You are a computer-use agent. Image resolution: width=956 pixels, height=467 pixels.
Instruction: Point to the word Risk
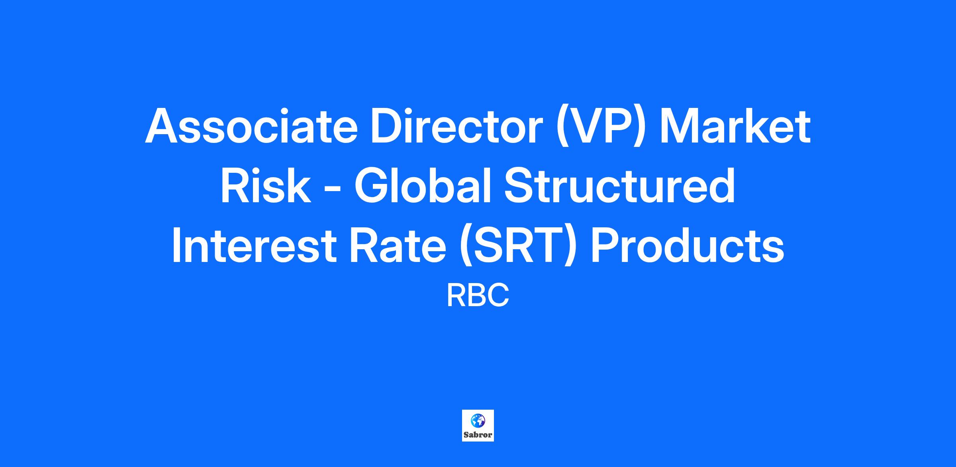(x=265, y=186)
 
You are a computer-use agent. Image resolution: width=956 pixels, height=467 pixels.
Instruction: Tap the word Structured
(x=619, y=186)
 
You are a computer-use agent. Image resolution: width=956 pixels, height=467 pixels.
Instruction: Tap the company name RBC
(x=478, y=296)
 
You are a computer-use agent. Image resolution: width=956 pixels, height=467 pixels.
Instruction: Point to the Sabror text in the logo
(x=478, y=435)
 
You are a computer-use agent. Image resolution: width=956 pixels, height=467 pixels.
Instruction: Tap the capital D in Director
(x=386, y=126)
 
